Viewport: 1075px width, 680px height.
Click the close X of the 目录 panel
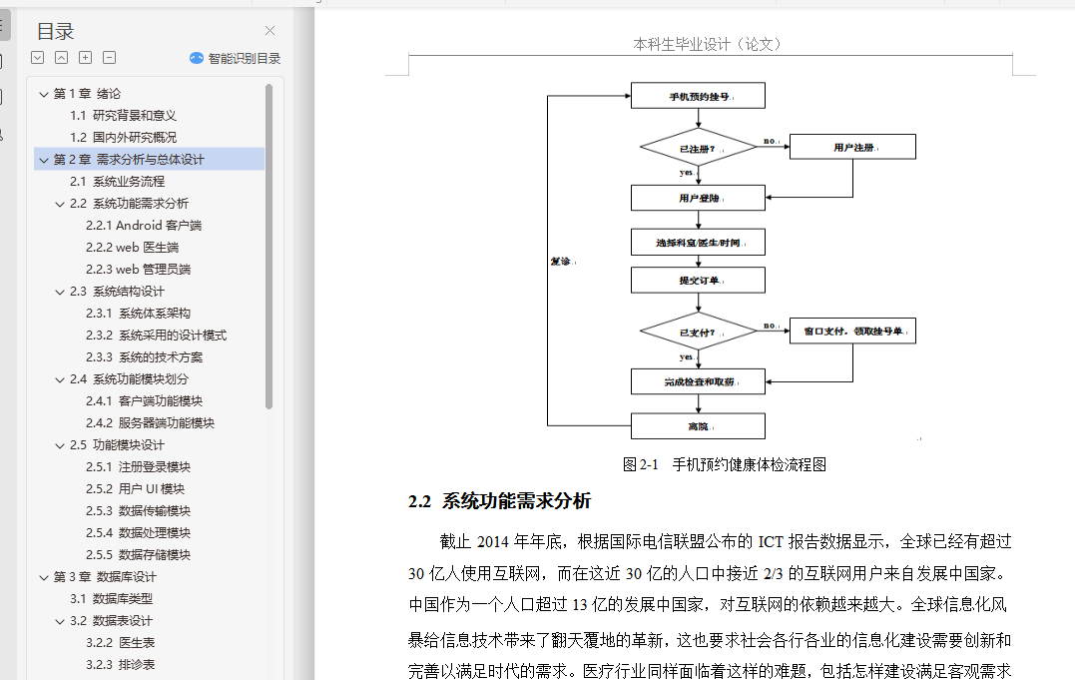269,31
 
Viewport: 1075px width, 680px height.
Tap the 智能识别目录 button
236,58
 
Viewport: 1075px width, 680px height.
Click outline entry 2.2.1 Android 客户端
144,226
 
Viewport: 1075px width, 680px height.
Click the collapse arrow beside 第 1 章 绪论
43,94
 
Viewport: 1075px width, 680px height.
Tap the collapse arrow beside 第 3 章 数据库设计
43,577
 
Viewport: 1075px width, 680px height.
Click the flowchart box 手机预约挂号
698,96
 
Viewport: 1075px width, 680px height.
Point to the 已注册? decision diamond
698,148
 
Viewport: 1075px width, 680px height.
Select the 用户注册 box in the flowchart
852,148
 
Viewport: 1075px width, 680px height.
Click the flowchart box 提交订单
698,280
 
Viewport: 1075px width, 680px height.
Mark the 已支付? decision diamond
698,331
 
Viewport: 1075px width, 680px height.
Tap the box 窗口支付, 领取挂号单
852,331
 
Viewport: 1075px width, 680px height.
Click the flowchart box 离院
698,426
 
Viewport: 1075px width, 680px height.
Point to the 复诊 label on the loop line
562,262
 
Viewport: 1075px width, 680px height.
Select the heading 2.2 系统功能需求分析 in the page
500,501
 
